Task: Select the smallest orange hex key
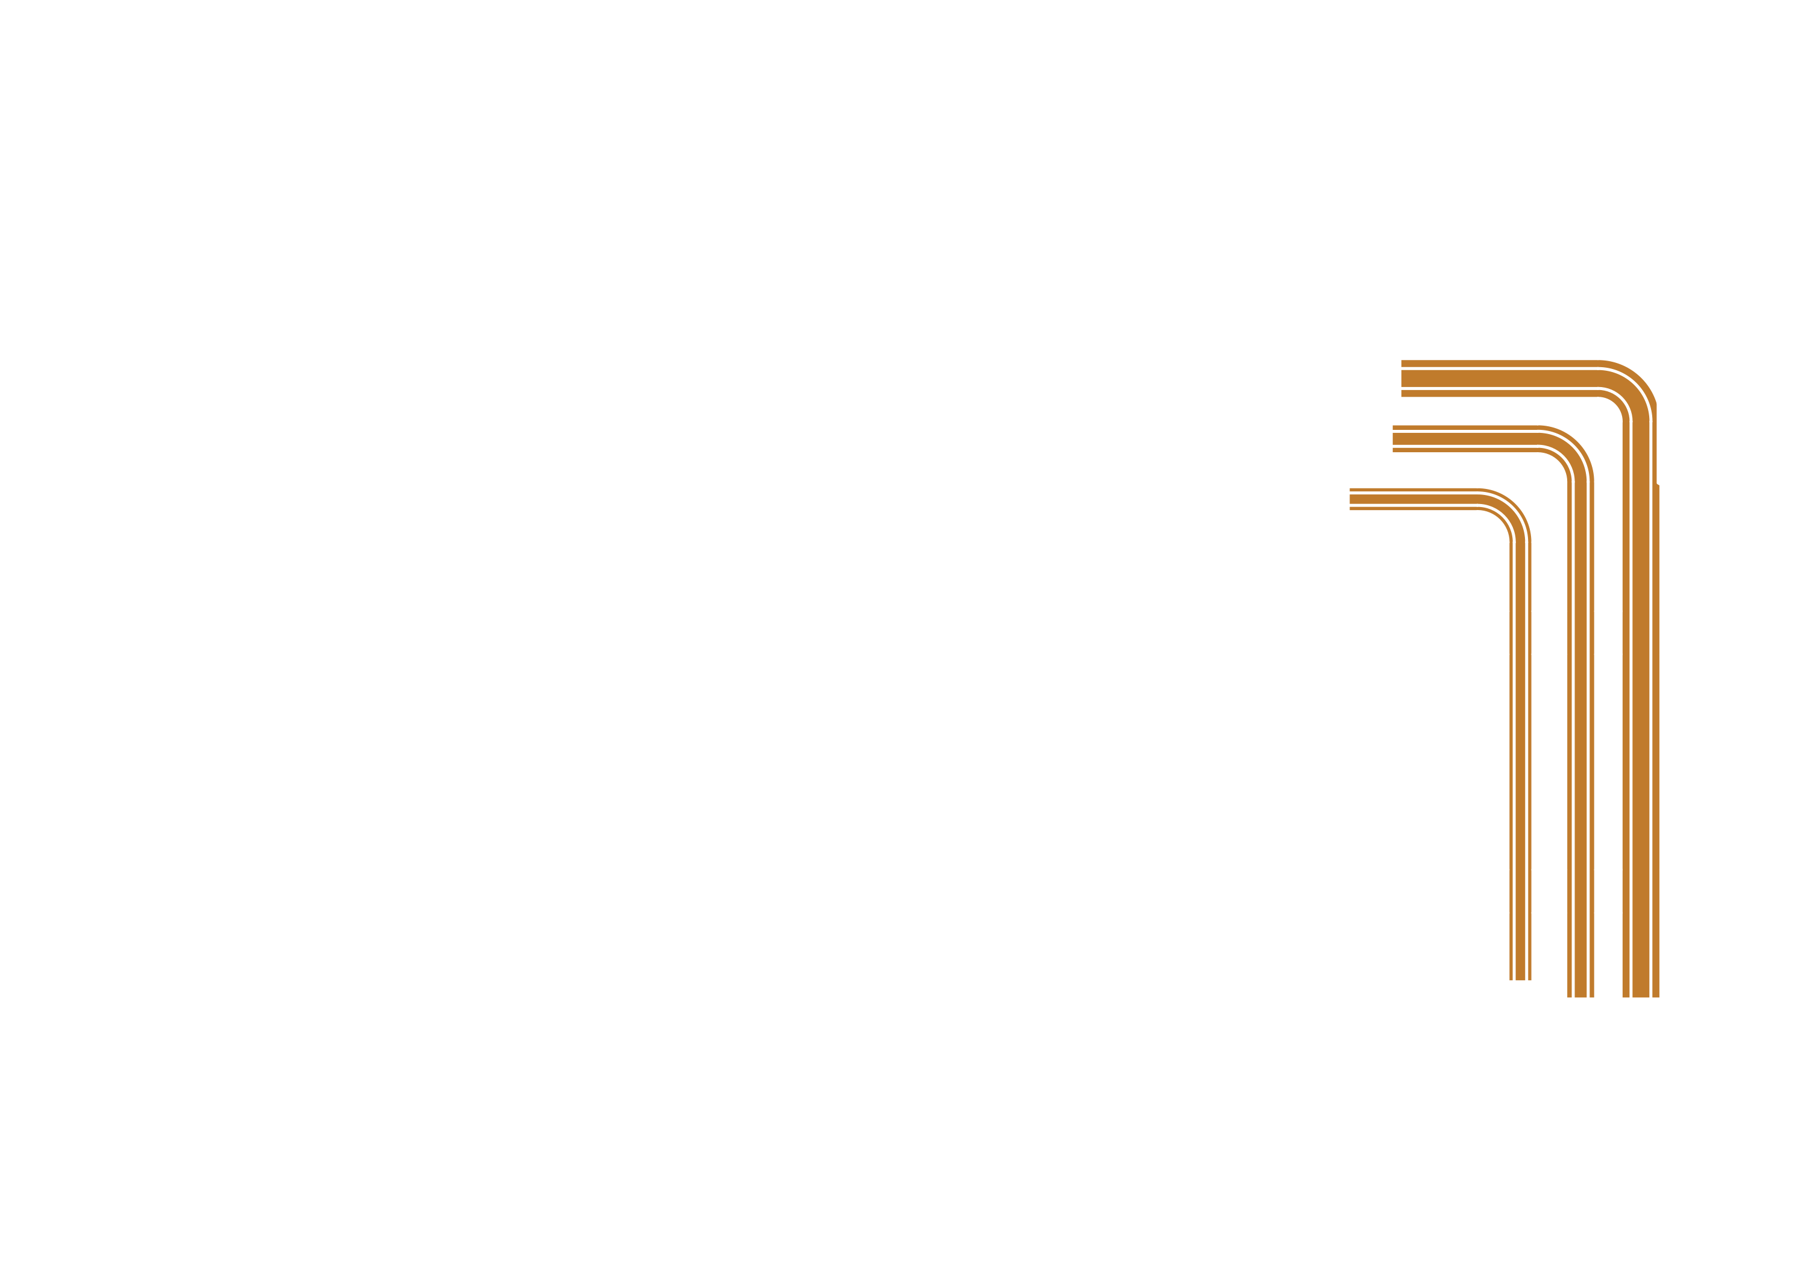pos(1520,710)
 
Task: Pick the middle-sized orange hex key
pos(1580,710)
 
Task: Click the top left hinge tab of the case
pos(452,156)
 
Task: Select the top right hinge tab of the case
pos(1399,156)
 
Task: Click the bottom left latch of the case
pos(452,1155)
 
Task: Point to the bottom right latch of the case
pos(1399,1155)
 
